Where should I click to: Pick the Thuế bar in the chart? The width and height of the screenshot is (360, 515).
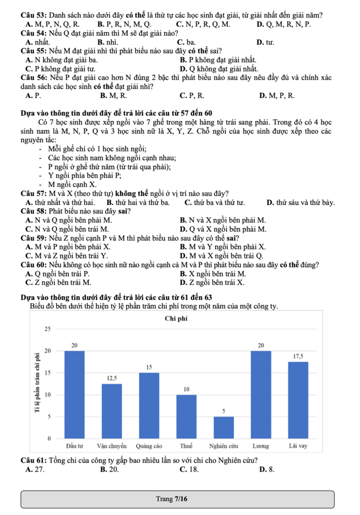tap(186, 416)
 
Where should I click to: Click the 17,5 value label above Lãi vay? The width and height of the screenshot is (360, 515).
tap(299, 356)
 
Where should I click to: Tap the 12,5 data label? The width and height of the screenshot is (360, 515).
tap(111, 378)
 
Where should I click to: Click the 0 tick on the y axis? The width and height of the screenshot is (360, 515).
tap(49, 439)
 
